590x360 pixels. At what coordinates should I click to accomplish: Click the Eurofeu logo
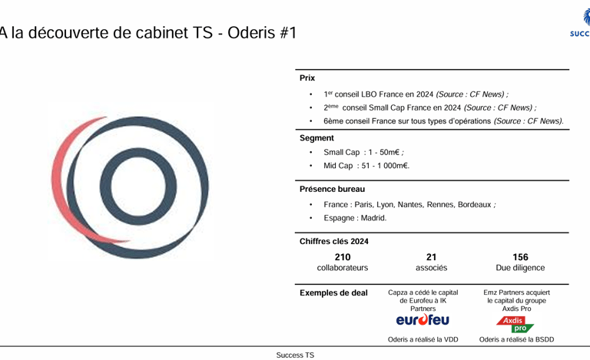click(423, 319)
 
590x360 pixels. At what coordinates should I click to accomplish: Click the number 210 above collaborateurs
click(342, 257)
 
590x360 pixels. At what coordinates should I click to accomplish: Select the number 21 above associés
click(431, 257)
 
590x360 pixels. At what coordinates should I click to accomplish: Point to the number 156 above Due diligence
click(520, 257)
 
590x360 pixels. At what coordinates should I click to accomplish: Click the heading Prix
click(307, 78)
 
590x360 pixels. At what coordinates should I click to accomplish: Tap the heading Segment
click(317, 138)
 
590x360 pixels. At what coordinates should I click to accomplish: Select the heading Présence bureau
click(332, 189)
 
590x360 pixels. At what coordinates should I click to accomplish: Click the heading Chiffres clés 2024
click(333, 241)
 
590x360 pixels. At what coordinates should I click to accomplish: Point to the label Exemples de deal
click(333, 292)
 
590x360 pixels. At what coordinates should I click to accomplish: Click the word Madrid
click(373, 218)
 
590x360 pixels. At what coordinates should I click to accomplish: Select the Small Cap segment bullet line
click(363, 152)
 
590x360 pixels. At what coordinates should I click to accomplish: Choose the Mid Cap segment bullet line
click(366, 166)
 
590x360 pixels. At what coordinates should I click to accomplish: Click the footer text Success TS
click(295, 355)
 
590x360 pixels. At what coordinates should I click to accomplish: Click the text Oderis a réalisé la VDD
click(423, 339)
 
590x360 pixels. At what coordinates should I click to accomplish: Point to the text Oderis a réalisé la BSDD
click(516, 339)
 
